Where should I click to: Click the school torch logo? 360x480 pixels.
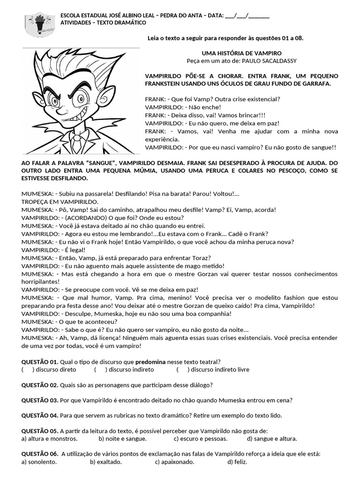[x=38, y=25]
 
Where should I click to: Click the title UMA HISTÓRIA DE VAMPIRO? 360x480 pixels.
[x=241, y=53]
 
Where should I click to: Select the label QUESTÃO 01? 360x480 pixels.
[x=39, y=362]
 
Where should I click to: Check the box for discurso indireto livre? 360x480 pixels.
[x=183, y=369]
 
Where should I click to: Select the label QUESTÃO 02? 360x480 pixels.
[x=39, y=385]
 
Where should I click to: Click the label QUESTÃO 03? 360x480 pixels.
[x=39, y=400]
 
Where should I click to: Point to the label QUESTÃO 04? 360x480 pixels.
[x=39, y=416]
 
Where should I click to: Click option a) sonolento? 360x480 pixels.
[x=39, y=462]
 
